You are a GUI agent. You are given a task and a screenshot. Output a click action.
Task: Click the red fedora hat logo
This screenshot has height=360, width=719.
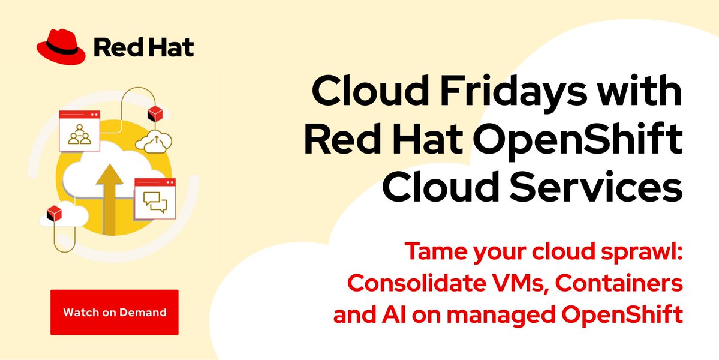pos(60,46)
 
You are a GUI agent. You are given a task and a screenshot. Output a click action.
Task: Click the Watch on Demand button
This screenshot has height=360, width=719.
pos(115,312)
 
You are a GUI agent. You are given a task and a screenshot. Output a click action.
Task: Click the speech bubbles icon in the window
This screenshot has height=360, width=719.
pos(155,203)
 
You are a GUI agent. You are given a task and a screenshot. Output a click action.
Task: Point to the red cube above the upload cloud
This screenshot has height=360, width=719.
pos(155,113)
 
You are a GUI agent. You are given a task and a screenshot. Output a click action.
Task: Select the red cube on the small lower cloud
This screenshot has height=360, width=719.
pos(54,212)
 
